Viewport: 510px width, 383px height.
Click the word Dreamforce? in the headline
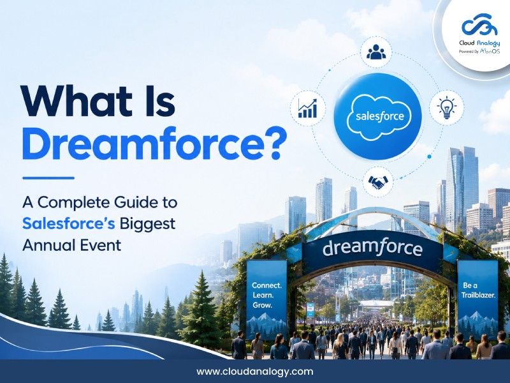[x=152, y=144]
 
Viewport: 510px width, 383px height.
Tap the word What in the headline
[x=77, y=100]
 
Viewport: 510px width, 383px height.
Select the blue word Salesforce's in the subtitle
[x=69, y=224]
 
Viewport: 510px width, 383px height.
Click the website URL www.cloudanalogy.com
[x=255, y=372]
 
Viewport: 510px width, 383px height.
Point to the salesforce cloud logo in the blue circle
[x=379, y=116]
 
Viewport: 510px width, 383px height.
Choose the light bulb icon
[x=447, y=107]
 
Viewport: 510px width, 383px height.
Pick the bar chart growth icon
[x=307, y=109]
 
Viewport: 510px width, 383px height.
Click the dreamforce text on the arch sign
[x=373, y=248]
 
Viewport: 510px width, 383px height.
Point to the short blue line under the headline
[x=48, y=178]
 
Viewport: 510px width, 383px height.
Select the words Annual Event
[x=72, y=245]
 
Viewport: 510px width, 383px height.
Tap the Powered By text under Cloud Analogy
[x=469, y=52]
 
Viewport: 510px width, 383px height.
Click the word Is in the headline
[x=159, y=100]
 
